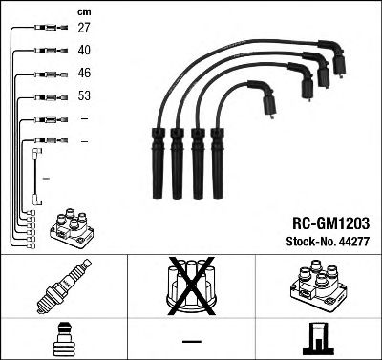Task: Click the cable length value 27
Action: coord(84,29)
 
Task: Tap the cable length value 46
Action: coord(84,74)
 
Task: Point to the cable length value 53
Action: coord(84,96)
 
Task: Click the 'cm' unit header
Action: coord(83,11)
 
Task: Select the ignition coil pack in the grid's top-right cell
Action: coord(317,286)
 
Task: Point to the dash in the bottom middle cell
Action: coord(191,340)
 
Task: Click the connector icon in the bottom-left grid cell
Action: coord(63,339)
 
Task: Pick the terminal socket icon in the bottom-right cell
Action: coord(317,339)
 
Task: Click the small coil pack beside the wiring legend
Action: coord(73,227)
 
